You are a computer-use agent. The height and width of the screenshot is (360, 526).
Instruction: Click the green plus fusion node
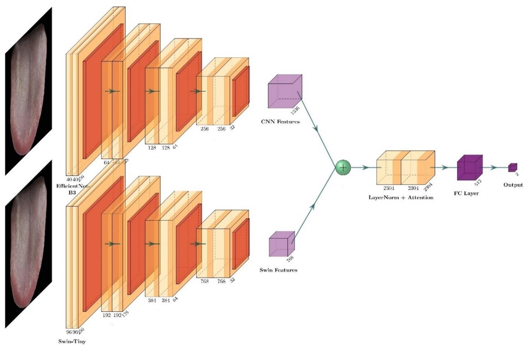pyautogui.click(x=342, y=168)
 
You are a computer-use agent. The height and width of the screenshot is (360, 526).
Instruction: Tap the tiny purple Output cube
pyautogui.click(x=513, y=168)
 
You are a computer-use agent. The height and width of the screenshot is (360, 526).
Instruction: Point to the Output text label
pyautogui.click(x=513, y=185)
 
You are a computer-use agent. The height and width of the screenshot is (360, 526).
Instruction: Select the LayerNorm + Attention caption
pyautogui.click(x=401, y=197)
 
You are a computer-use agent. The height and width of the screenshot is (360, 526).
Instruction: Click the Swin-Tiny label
pyautogui.click(x=72, y=342)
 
